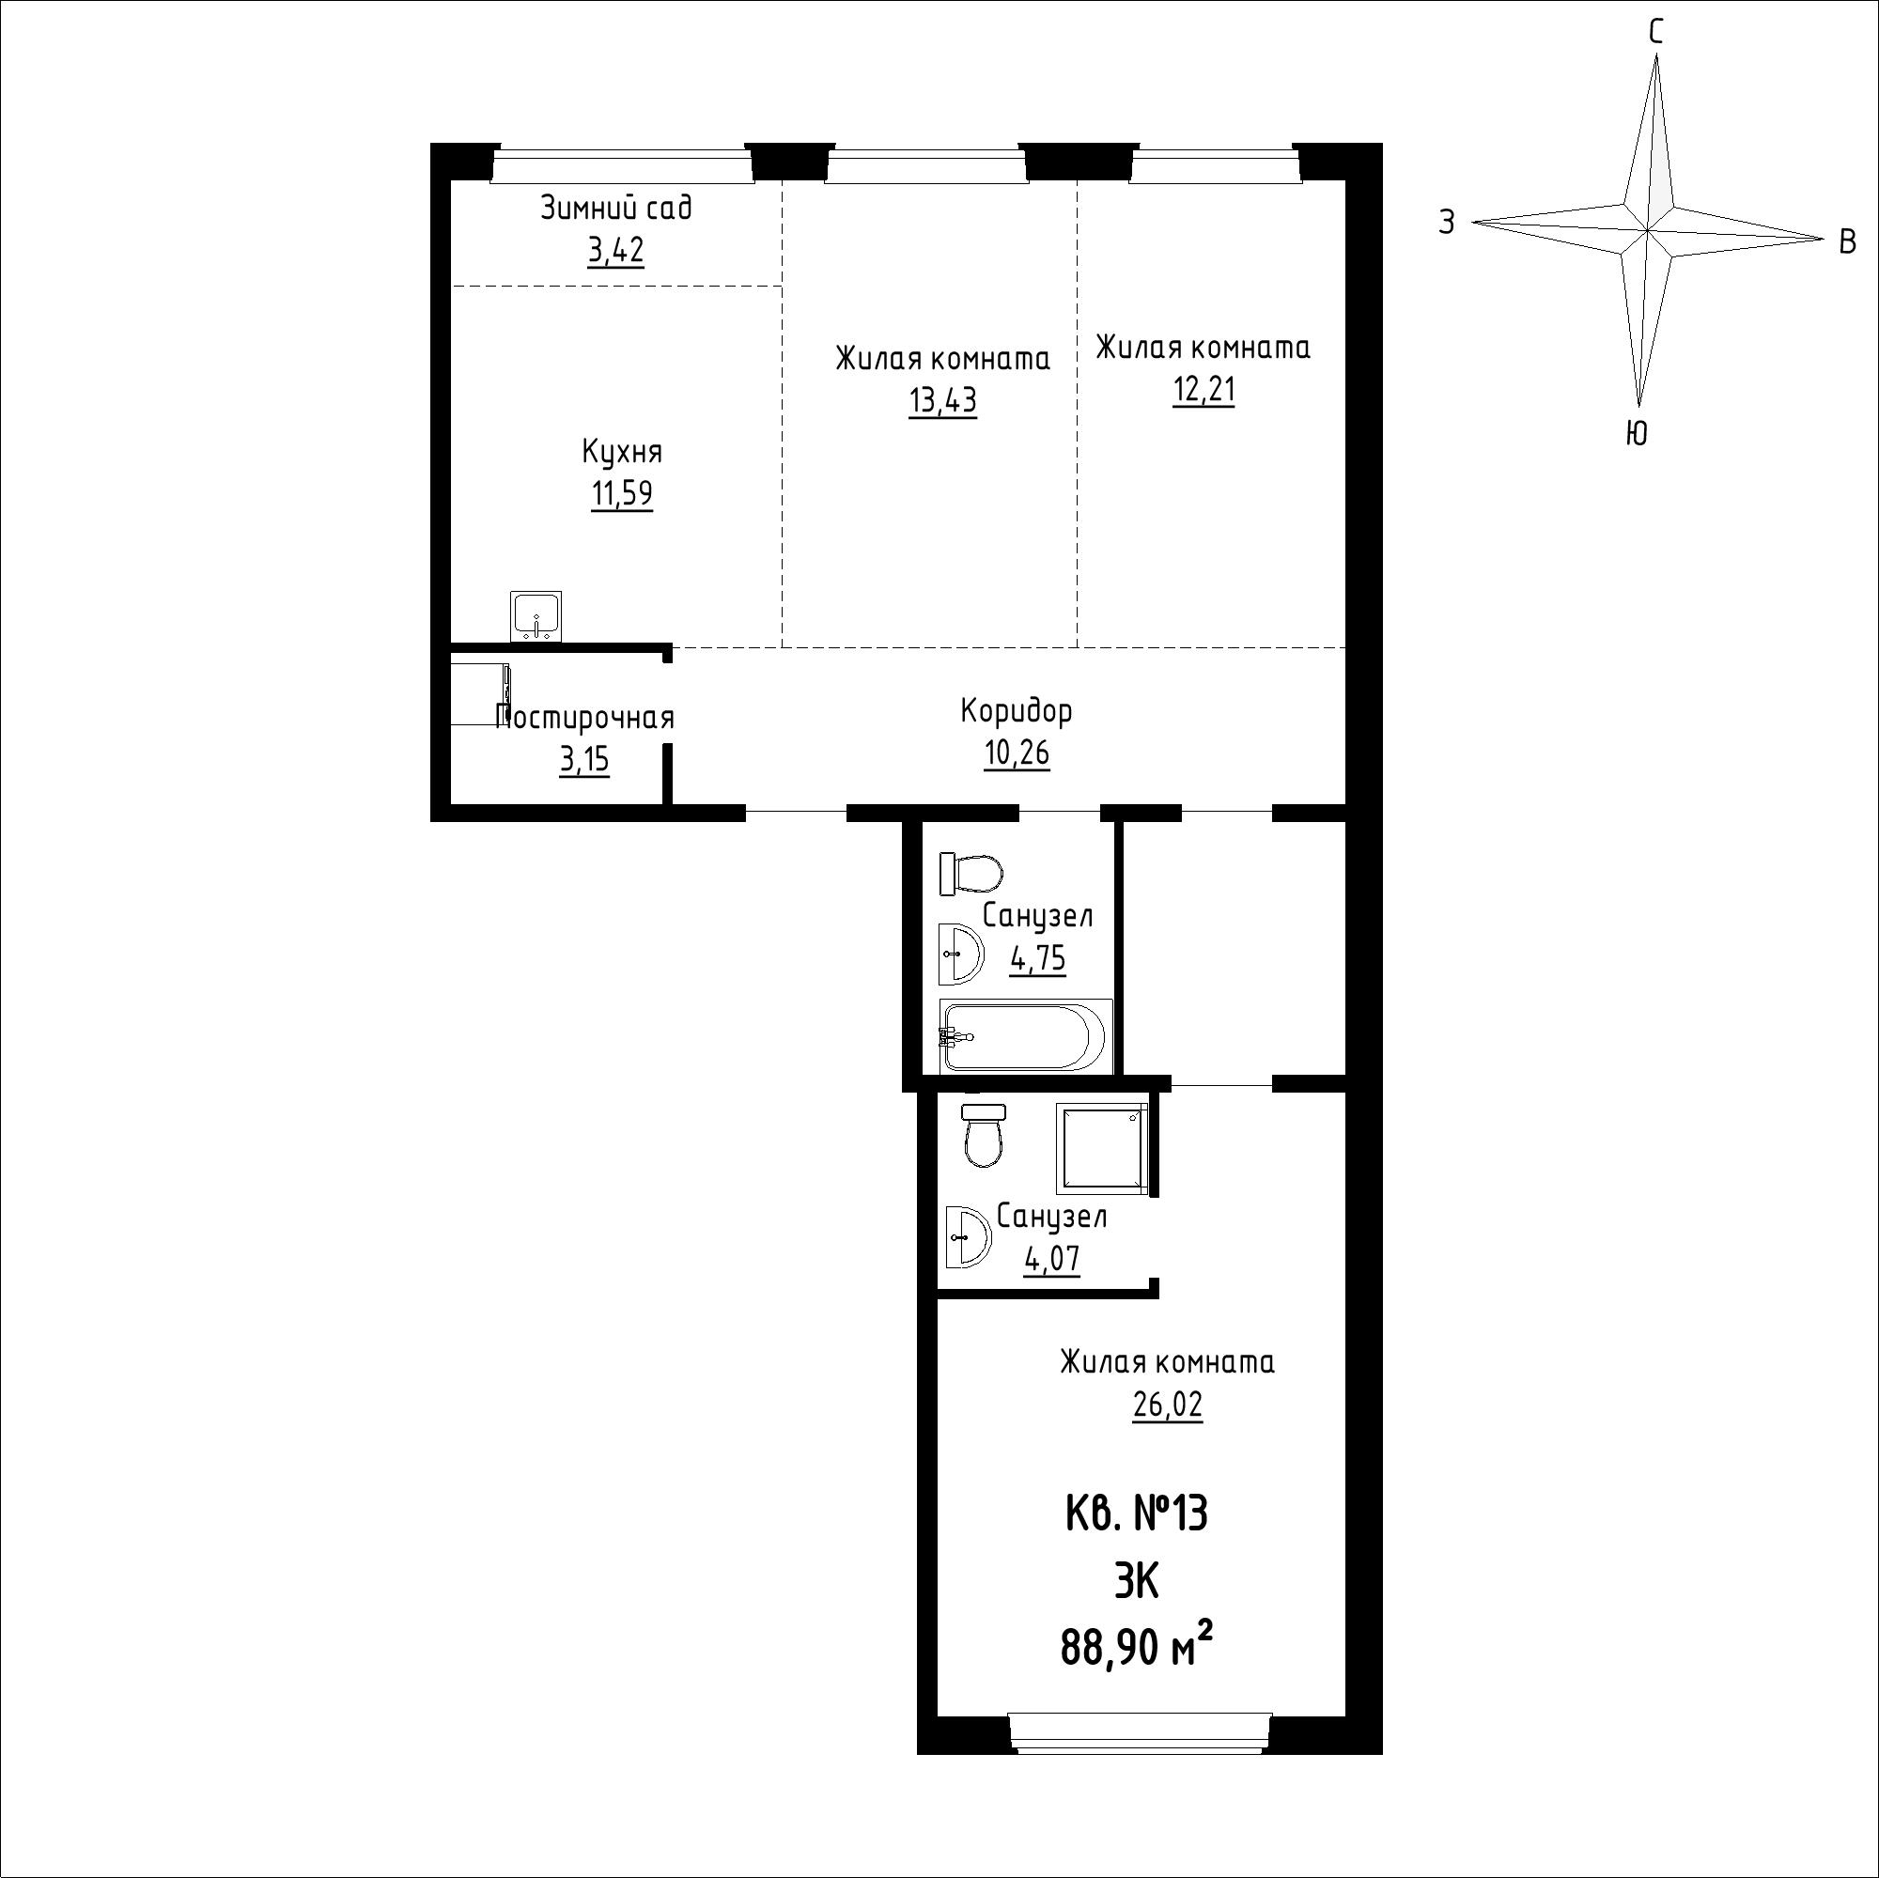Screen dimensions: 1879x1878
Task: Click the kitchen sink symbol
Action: point(536,616)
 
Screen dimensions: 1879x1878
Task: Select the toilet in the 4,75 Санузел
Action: point(971,874)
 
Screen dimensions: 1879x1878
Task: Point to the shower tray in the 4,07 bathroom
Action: point(1102,1149)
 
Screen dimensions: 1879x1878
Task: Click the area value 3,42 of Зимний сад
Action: point(615,251)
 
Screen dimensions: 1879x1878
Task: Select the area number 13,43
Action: point(942,401)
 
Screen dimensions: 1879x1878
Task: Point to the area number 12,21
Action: point(1203,390)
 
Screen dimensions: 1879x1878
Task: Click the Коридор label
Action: point(1017,711)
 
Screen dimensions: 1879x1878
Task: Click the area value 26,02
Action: point(1167,1405)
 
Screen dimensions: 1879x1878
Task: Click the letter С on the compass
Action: point(1655,33)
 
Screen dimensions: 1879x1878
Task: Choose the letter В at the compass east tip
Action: point(1848,241)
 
